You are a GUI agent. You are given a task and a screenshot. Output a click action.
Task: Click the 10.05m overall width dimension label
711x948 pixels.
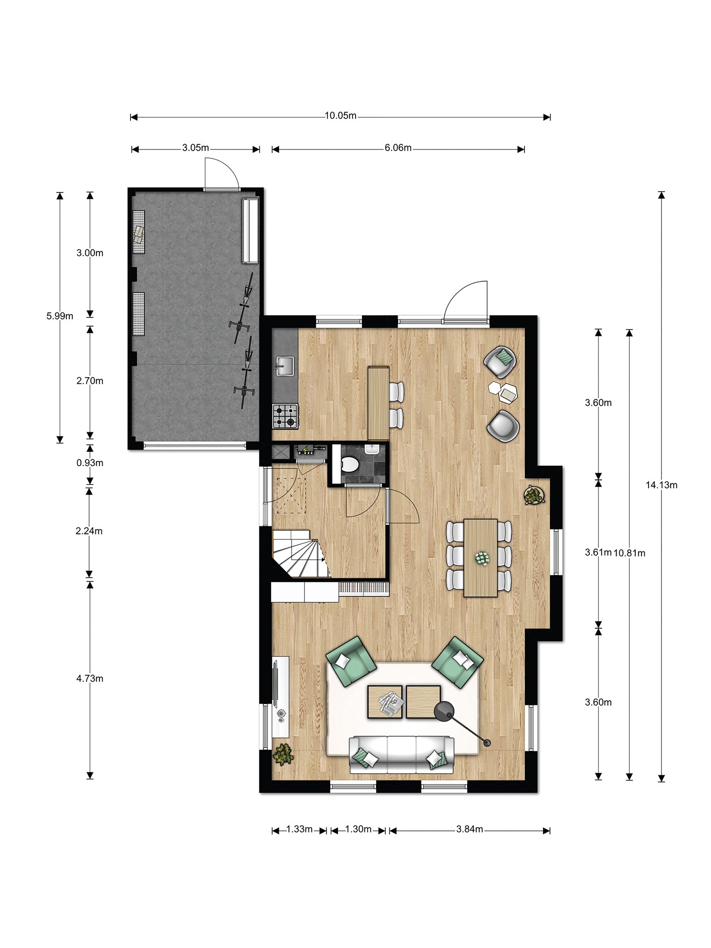[x=340, y=116]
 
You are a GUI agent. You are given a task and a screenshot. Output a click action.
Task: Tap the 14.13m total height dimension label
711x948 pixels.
[x=661, y=485]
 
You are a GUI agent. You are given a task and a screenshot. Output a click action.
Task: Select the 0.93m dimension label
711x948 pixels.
[x=90, y=463]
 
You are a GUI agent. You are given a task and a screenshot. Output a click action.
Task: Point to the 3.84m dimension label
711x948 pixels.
[x=469, y=829]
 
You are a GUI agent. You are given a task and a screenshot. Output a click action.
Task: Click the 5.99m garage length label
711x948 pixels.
[x=60, y=316]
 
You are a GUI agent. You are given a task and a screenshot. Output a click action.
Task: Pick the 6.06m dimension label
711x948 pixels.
[x=398, y=148]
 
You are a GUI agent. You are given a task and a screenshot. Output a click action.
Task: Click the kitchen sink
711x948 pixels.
[x=285, y=366]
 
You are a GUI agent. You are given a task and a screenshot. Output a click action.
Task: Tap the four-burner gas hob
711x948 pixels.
[x=285, y=416]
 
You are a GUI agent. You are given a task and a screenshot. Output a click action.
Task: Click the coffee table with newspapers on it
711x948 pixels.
[x=385, y=702]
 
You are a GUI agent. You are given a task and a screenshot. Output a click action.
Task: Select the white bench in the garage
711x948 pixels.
[x=250, y=231]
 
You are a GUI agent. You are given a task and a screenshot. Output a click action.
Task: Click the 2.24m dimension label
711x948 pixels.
[x=89, y=531]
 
